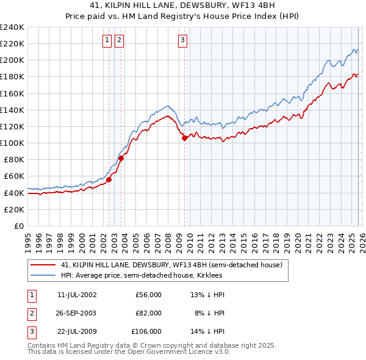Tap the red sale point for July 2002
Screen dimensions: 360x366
[109, 179]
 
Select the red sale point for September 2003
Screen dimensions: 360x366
[121, 158]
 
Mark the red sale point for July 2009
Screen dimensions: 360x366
[184, 138]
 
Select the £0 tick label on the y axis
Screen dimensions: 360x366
[18, 226]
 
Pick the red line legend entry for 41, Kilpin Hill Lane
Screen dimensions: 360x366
[171, 265]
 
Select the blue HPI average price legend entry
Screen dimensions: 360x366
[152, 275]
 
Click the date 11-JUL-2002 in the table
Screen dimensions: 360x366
[76, 295]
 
